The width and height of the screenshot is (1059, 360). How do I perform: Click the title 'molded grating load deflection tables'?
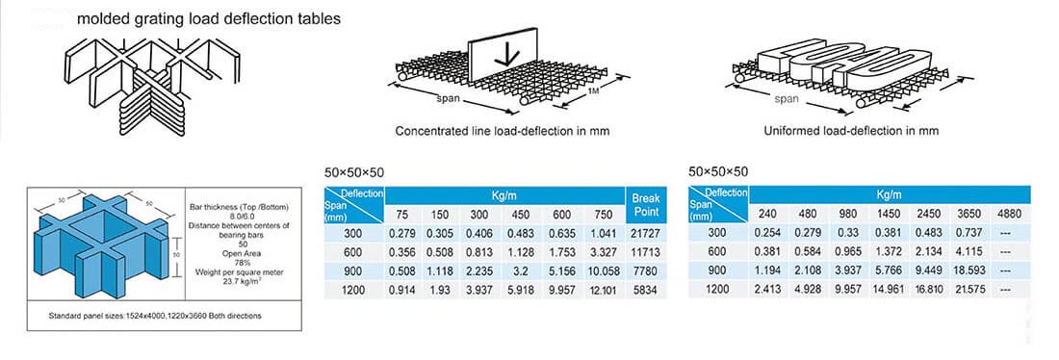tap(208, 18)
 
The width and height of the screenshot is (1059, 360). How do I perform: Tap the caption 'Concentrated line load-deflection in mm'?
tap(504, 130)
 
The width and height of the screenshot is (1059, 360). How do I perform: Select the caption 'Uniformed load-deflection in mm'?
tap(851, 130)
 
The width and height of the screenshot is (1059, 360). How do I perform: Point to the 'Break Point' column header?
tap(644, 204)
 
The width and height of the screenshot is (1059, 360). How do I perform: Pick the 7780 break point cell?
tap(644, 271)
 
